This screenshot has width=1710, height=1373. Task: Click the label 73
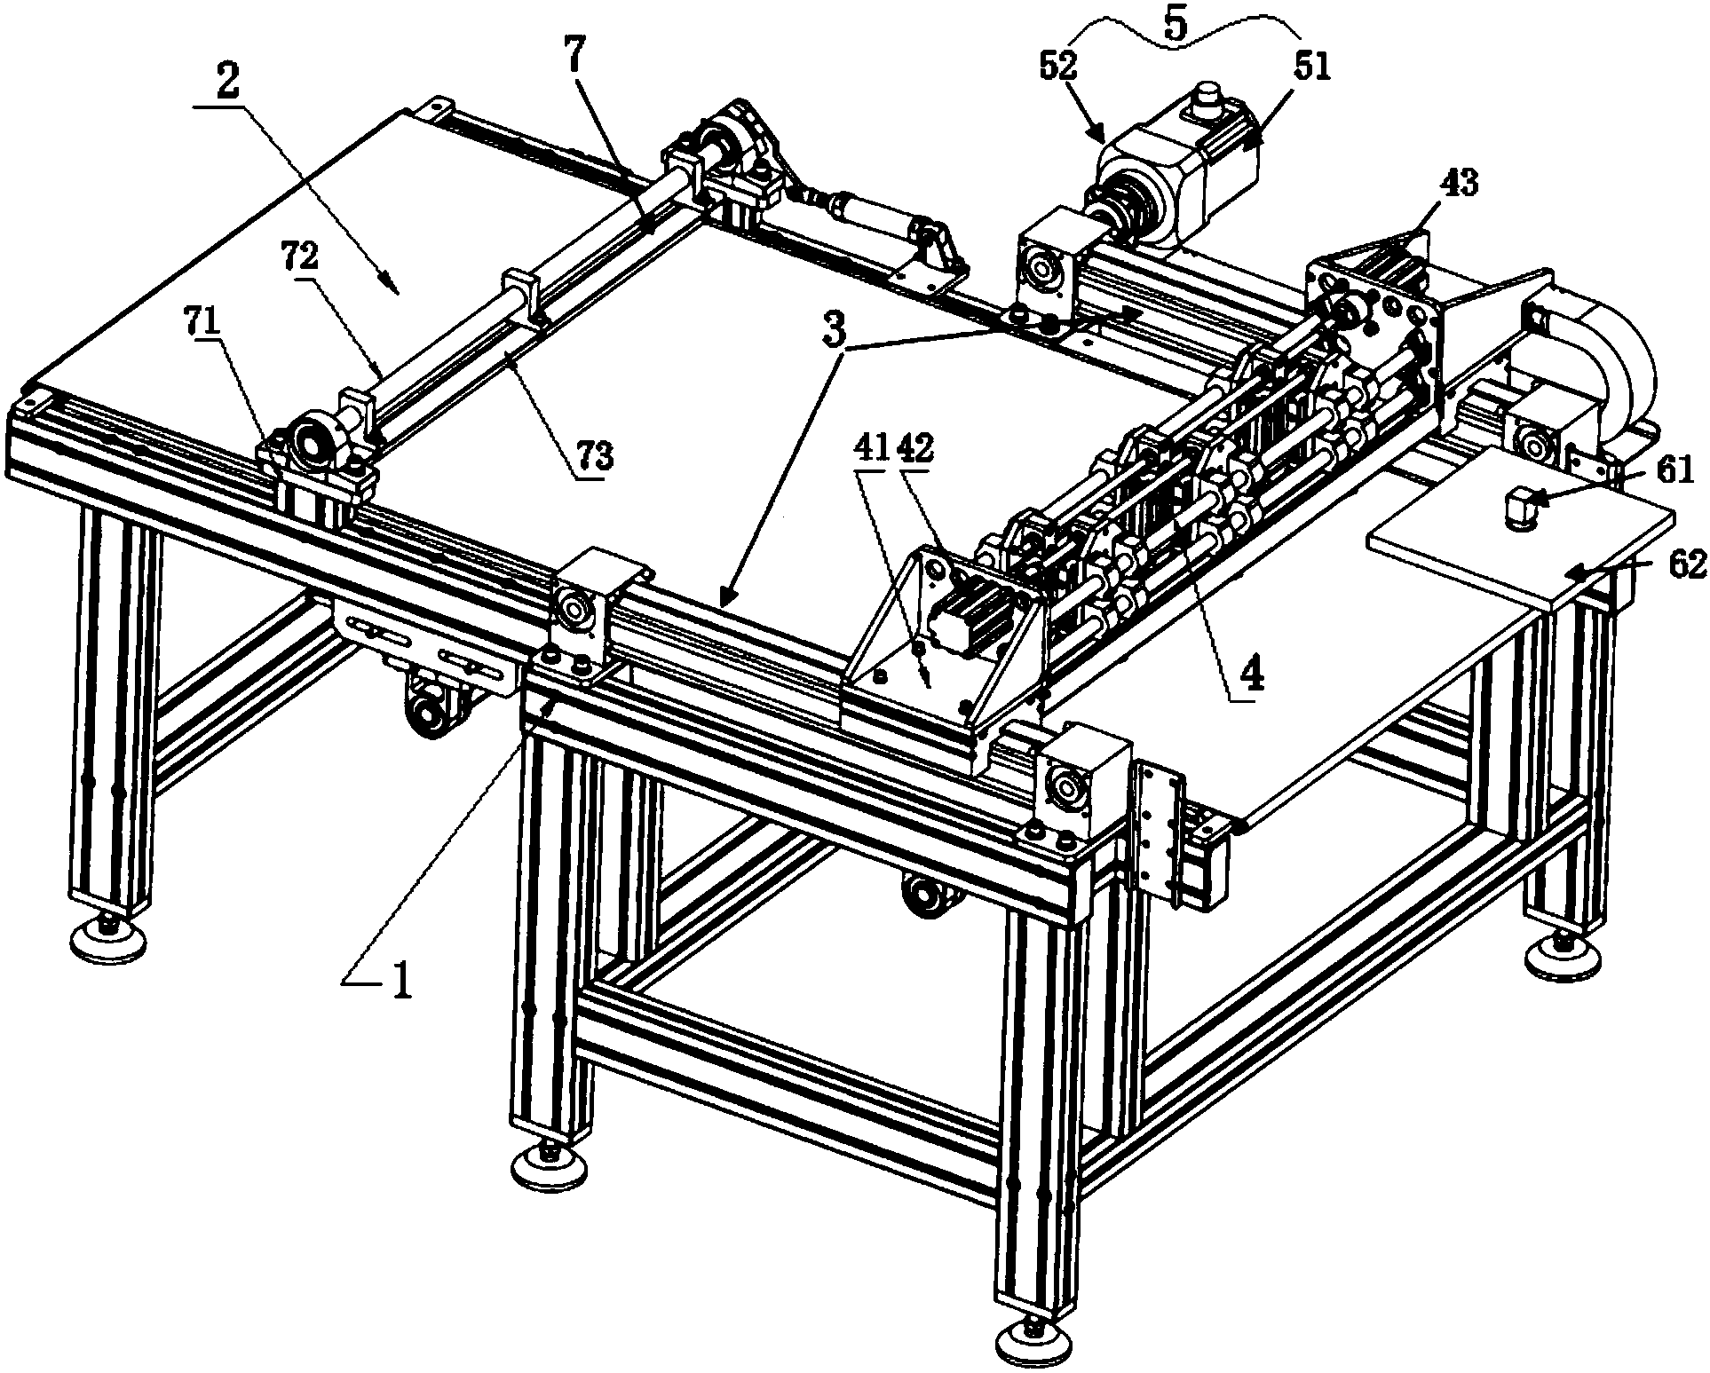tap(597, 458)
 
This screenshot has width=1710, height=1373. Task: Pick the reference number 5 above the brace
tap(1175, 25)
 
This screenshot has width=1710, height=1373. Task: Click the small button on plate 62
tap(1517, 512)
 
